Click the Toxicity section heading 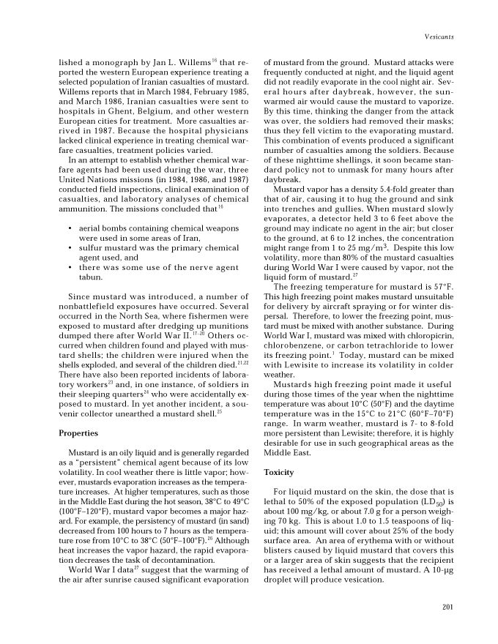point(278,473)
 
